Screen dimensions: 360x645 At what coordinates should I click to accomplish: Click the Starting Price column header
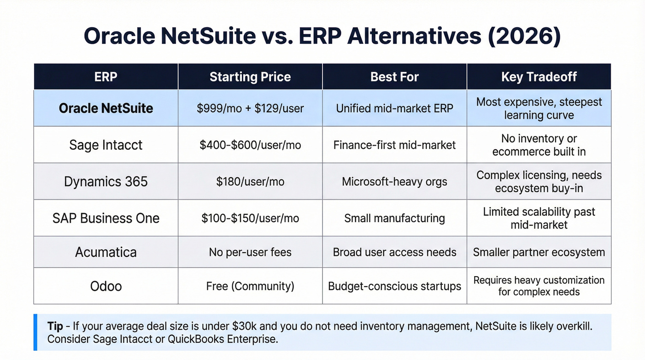tap(250, 77)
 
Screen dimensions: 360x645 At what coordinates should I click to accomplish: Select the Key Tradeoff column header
tap(539, 77)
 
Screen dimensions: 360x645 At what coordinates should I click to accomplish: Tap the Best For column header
tap(394, 77)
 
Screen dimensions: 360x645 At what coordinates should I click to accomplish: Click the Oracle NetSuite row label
tap(106, 108)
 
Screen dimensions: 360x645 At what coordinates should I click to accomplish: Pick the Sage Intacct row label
tap(106, 145)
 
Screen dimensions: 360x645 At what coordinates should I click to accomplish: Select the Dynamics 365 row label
tap(106, 181)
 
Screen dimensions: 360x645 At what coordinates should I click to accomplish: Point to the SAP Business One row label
tap(106, 218)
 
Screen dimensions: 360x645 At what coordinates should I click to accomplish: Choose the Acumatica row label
tap(106, 252)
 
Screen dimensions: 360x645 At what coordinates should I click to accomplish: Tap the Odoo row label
tap(106, 286)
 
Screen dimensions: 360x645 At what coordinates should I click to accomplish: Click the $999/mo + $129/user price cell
tap(250, 108)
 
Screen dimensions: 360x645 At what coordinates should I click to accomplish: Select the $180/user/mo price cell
tap(250, 181)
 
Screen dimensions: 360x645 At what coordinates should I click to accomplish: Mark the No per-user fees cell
tap(250, 252)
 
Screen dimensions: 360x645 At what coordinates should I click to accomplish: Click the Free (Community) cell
tap(250, 286)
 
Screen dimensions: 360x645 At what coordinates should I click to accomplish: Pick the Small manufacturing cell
tap(394, 218)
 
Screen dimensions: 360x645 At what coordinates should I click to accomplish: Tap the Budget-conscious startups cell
tap(394, 286)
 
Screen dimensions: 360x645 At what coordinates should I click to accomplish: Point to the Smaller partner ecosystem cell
tap(539, 252)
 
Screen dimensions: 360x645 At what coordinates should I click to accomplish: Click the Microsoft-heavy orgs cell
tap(394, 181)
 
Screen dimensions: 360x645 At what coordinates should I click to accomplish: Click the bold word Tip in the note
tap(55, 327)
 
